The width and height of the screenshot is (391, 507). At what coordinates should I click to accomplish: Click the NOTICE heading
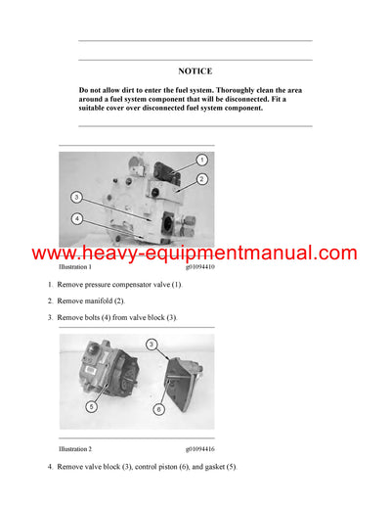[195, 70]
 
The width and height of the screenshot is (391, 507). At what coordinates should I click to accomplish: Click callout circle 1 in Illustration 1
[201, 159]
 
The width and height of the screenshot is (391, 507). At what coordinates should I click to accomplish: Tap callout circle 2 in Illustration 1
[201, 179]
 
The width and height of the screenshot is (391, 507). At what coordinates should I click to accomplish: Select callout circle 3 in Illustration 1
[75, 197]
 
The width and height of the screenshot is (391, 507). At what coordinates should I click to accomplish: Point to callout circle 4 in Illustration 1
[75, 218]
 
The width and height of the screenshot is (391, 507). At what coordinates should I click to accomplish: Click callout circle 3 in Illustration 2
[152, 345]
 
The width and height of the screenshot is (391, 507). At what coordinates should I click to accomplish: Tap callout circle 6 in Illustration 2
[158, 409]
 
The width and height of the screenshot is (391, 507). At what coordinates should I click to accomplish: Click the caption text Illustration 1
[75, 266]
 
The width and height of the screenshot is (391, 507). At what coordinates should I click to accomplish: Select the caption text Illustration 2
[75, 448]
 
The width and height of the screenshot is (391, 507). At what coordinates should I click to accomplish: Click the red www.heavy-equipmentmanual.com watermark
[195, 253]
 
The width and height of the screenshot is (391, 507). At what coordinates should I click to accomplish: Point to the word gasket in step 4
[199, 467]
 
